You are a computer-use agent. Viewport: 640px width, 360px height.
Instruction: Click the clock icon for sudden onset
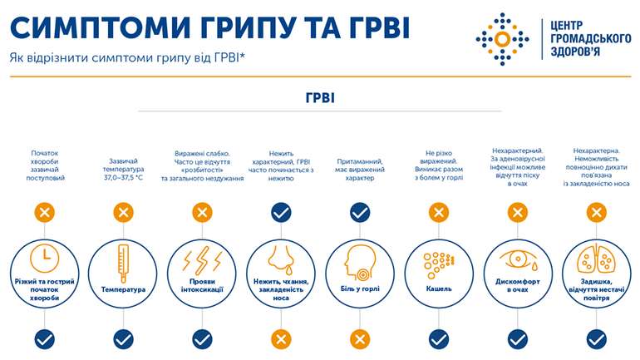click(x=43, y=259)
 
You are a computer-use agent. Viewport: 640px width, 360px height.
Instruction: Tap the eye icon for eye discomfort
click(x=516, y=258)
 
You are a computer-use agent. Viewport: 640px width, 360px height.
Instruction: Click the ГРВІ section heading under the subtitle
click(x=320, y=97)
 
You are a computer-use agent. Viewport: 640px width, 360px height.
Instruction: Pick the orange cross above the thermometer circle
click(x=123, y=213)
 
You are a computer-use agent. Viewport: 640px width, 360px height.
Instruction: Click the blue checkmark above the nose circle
click(x=281, y=213)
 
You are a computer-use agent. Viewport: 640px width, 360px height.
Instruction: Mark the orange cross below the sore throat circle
click(x=359, y=338)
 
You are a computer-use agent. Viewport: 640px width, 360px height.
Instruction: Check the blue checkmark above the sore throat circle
click(x=359, y=213)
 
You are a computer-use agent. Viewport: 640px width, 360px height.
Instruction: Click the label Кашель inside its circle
click(x=438, y=288)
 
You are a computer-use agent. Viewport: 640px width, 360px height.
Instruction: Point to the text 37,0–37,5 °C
click(x=122, y=178)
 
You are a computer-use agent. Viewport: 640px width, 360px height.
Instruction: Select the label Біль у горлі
click(x=359, y=288)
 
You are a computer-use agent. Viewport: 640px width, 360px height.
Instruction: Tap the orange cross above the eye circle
click(x=516, y=213)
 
